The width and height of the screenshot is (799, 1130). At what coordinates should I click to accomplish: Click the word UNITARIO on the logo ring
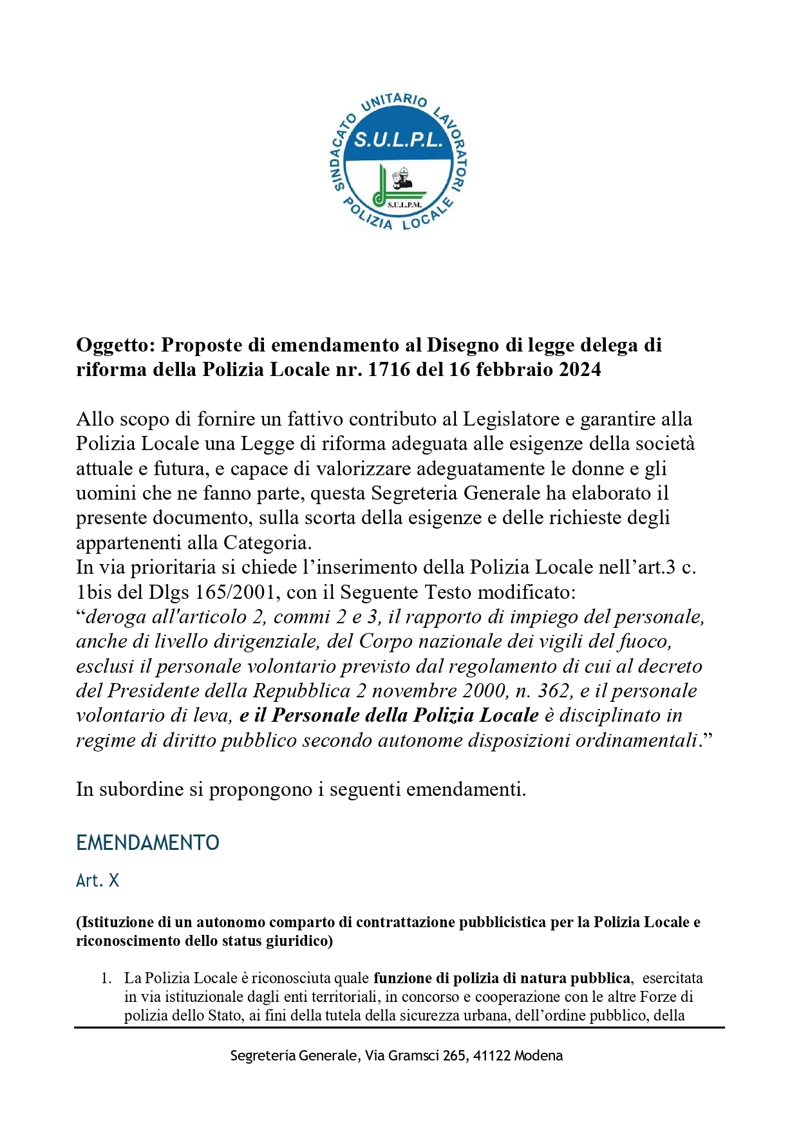395,102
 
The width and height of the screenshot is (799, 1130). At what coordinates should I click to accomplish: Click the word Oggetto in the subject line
115,346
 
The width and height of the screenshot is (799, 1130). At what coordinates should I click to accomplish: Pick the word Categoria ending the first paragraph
267,543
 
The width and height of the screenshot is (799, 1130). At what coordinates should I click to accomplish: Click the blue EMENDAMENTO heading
147,843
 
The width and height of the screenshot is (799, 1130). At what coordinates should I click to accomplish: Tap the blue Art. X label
97,880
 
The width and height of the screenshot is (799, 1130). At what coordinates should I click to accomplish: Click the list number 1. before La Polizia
107,979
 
